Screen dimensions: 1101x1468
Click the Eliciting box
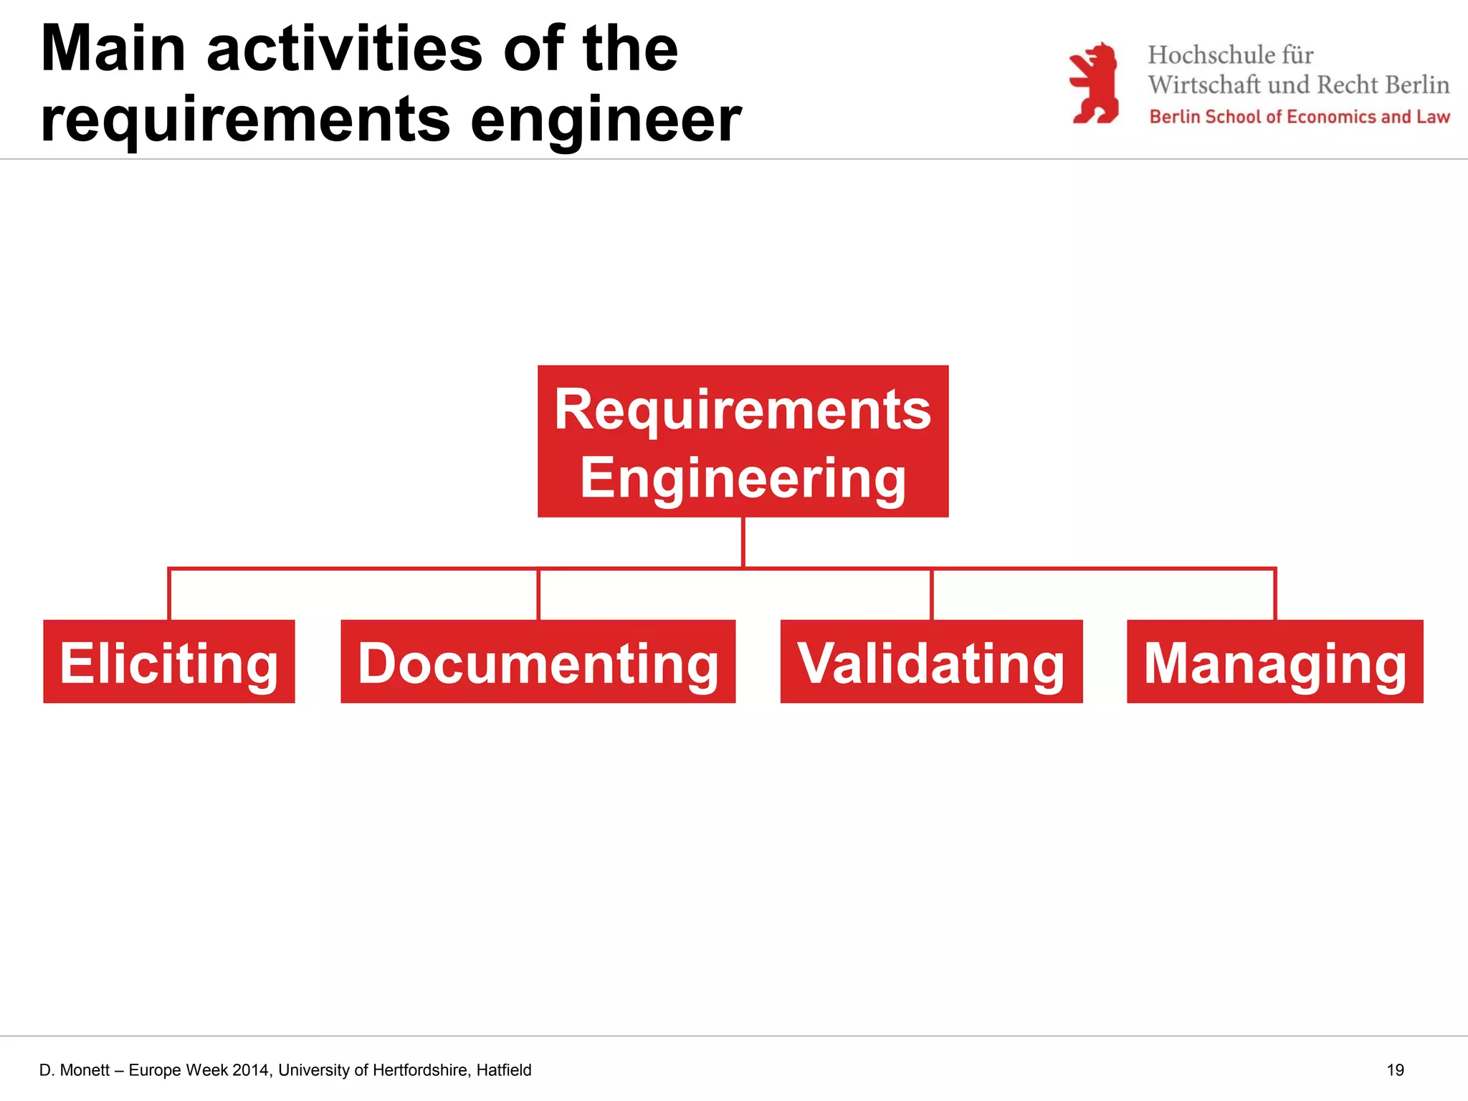[x=169, y=662]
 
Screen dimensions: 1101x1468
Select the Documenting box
[x=538, y=662]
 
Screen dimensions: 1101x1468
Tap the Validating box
[x=931, y=662]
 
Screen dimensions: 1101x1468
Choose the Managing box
[x=1274, y=662]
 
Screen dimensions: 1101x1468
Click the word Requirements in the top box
[x=743, y=409]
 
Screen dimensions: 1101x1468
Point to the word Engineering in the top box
[x=743, y=478]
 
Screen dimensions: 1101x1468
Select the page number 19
[x=1395, y=1070]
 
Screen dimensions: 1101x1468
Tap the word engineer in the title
[x=606, y=120]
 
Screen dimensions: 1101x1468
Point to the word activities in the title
[x=345, y=49]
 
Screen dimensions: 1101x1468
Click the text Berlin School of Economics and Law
[x=1299, y=117]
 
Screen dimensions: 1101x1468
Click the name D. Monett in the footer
[x=75, y=1070]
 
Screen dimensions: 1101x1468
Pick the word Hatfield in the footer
[x=504, y=1070]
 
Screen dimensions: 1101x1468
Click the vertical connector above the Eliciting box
[x=169, y=594]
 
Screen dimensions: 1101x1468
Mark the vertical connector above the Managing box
[x=1274, y=594]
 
